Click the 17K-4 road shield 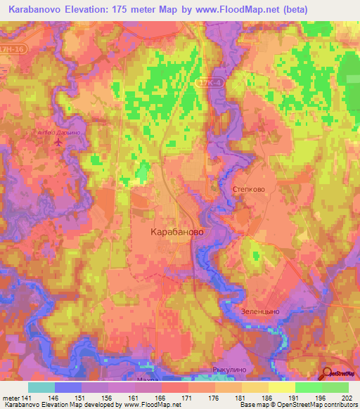click(x=203, y=84)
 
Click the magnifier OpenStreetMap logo click(x=339, y=375)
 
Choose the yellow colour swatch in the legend click(x=282, y=387)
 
